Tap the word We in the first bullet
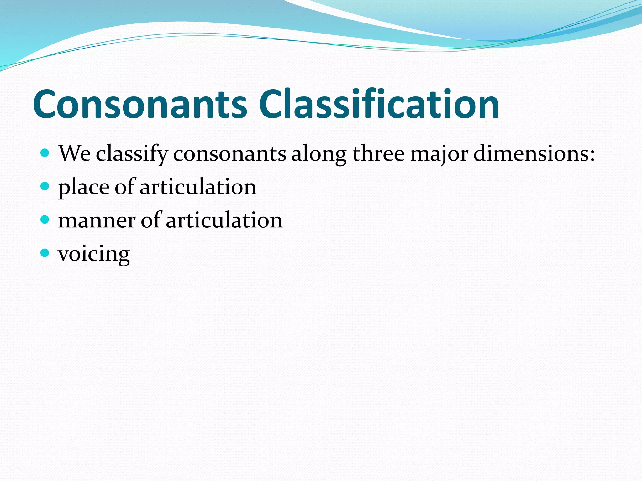pos(74,154)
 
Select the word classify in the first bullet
pos(132,154)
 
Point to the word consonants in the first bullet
pos(229,154)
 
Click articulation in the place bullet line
pos(198,187)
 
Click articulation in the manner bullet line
pos(224,220)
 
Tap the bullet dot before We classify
pos(45,153)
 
